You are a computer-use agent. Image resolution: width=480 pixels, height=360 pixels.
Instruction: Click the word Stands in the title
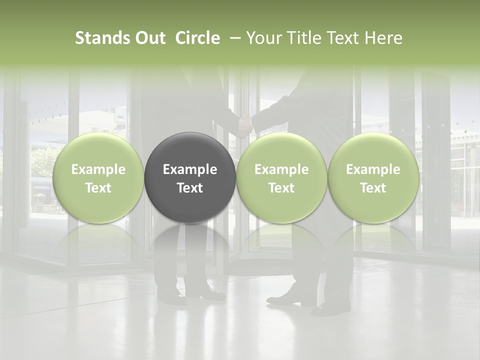click(x=102, y=38)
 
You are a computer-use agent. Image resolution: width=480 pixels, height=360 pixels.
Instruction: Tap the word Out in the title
click(x=149, y=38)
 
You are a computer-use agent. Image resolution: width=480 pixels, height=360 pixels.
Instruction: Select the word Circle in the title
click(x=197, y=38)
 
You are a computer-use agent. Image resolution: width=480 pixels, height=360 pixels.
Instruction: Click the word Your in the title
click(x=263, y=38)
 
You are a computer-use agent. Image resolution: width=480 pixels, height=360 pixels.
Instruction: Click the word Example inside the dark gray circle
click(x=190, y=169)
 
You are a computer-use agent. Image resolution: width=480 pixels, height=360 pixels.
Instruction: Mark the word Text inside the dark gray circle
click(x=190, y=188)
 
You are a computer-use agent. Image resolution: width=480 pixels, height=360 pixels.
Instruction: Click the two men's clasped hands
click(x=244, y=122)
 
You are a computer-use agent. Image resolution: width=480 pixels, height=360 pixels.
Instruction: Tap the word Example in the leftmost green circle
click(x=98, y=169)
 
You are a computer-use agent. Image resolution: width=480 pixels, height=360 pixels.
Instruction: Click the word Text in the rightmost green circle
click(x=373, y=188)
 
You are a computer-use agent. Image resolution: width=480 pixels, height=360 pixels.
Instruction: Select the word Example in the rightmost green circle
click(x=373, y=169)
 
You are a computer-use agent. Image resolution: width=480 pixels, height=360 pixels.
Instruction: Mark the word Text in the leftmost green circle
click(x=98, y=188)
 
